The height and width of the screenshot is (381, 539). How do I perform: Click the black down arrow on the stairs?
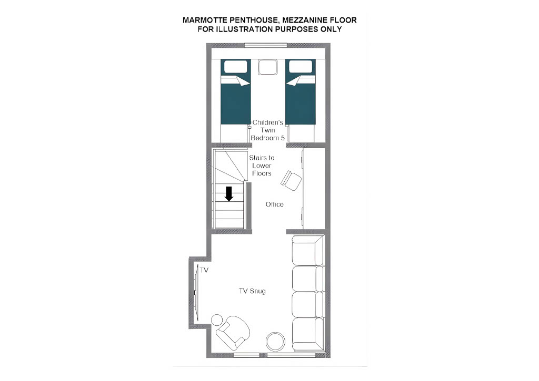[x=229, y=193]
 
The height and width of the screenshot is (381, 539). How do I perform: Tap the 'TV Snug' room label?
[x=252, y=291]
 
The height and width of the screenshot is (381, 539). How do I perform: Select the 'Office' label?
[x=275, y=204]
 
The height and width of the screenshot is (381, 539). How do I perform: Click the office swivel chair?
[x=291, y=180]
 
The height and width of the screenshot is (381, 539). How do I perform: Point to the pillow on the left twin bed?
[x=235, y=67]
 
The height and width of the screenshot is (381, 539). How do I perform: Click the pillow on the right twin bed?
[x=301, y=67]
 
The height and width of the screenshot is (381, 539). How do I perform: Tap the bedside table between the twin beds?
[x=268, y=67]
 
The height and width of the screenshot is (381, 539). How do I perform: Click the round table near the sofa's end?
[x=276, y=342]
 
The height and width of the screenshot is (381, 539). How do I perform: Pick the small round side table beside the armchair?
[x=217, y=320]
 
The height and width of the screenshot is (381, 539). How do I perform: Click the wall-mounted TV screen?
[x=196, y=292]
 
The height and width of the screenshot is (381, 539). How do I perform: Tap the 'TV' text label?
[x=204, y=271]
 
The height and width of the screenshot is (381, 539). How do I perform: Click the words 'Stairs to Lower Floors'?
[x=262, y=166]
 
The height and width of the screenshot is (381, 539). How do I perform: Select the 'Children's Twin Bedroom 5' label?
[x=268, y=130]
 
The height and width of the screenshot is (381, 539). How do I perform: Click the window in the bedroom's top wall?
[x=266, y=45]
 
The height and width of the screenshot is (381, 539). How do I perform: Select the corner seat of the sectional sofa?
[x=307, y=250]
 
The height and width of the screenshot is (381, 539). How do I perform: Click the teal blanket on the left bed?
[x=235, y=102]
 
